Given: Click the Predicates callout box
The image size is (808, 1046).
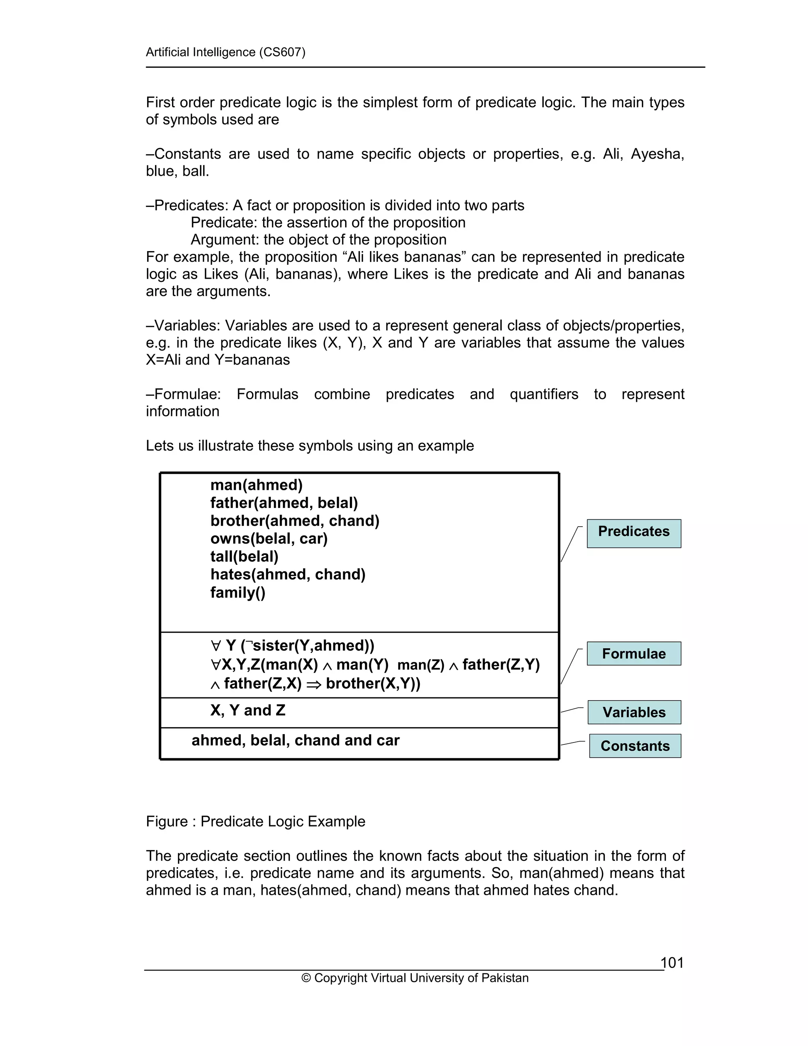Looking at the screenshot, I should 633,533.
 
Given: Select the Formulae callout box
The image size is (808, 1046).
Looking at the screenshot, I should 633,653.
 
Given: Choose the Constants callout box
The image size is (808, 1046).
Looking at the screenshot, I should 635,746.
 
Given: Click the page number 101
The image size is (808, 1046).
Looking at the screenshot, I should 671,963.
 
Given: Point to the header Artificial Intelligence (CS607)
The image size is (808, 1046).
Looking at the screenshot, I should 225,52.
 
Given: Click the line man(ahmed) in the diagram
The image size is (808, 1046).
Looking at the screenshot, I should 256,485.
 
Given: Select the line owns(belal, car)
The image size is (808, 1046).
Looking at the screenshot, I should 269,539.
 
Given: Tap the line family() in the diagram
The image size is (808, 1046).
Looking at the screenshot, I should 238,593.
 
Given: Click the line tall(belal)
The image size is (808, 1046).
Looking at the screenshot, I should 244,557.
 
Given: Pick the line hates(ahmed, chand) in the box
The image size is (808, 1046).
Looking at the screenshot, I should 288,575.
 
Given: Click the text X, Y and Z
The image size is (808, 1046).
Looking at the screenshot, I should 247,710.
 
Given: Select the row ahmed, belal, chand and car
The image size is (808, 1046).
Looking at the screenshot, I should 296,740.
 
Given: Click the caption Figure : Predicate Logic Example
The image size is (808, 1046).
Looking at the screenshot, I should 255,821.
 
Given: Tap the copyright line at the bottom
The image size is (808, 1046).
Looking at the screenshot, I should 415,978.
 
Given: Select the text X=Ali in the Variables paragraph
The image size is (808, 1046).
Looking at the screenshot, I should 163,360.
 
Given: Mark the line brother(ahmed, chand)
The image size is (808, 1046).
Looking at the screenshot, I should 295,521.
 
